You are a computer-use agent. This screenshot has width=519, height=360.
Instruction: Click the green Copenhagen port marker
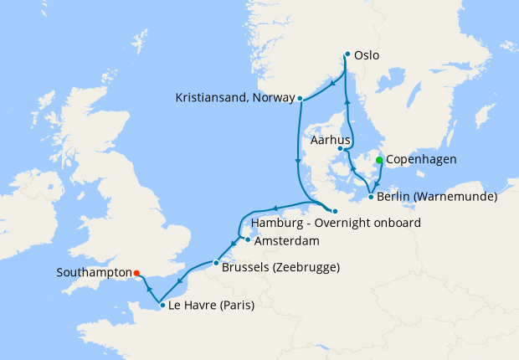379,160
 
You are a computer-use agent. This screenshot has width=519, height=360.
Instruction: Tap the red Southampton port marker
136,272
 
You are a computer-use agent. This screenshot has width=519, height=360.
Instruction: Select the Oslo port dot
347,55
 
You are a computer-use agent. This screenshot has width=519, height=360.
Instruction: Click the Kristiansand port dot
300,98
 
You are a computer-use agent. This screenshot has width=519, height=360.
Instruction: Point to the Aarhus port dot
340,149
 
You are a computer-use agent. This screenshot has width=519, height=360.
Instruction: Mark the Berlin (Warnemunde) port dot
371,198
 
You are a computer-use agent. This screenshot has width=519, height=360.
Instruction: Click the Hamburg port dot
334,211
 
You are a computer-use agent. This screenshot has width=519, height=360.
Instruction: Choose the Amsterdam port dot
248,240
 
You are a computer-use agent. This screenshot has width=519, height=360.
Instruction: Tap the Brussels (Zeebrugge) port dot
216,264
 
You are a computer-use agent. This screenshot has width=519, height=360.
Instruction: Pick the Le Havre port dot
162,306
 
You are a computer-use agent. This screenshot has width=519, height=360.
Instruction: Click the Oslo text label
367,55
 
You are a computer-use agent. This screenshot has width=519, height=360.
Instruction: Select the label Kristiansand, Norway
235,98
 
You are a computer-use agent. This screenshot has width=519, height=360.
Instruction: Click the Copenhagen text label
420,160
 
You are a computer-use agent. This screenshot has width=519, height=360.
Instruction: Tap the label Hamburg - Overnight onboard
336,224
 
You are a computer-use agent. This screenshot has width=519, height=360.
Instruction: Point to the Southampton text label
94,272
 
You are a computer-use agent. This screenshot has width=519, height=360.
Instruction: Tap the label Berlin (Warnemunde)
437,198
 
